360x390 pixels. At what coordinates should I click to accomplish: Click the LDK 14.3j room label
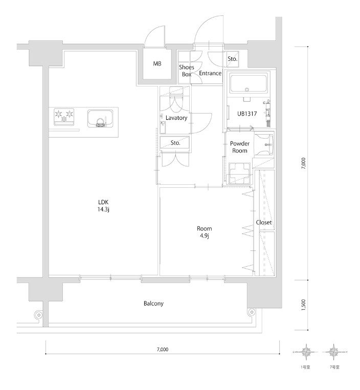point(103,205)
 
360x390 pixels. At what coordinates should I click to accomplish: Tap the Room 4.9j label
point(204,232)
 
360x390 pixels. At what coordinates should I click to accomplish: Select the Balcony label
point(153,304)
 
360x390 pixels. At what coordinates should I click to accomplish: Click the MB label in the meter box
point(157,63)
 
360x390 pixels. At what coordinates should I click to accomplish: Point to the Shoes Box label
point(187,71)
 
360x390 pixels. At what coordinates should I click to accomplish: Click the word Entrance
point(210,73)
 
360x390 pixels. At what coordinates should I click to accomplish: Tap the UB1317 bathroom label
point(247,114)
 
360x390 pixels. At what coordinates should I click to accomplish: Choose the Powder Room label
point(240,147)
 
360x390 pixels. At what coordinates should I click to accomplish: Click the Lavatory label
point(176,118)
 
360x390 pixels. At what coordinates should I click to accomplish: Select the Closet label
point(264,222)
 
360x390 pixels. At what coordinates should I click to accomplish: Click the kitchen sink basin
point(100,119)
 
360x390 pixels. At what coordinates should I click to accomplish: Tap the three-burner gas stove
point(64,117)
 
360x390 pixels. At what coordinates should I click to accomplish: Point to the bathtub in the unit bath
point(249,83)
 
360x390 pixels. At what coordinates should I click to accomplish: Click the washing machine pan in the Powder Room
point(239,174)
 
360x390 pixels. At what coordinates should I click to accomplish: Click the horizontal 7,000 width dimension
point(163,350)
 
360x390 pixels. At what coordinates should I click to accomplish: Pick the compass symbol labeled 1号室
point(305,352)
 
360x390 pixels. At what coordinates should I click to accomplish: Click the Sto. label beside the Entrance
point(233,59)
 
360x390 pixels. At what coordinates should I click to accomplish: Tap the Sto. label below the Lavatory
point(175,143)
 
